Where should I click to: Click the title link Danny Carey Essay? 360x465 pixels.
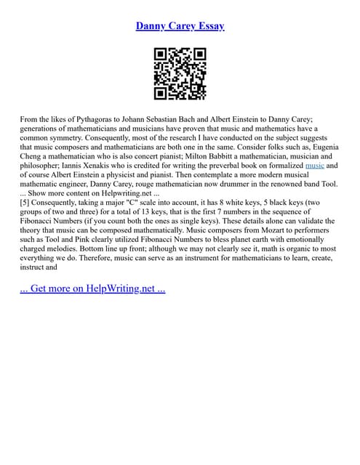pos(180,26)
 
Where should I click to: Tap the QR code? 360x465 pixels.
pos(180,73)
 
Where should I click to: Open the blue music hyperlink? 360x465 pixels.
pos(314,165)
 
